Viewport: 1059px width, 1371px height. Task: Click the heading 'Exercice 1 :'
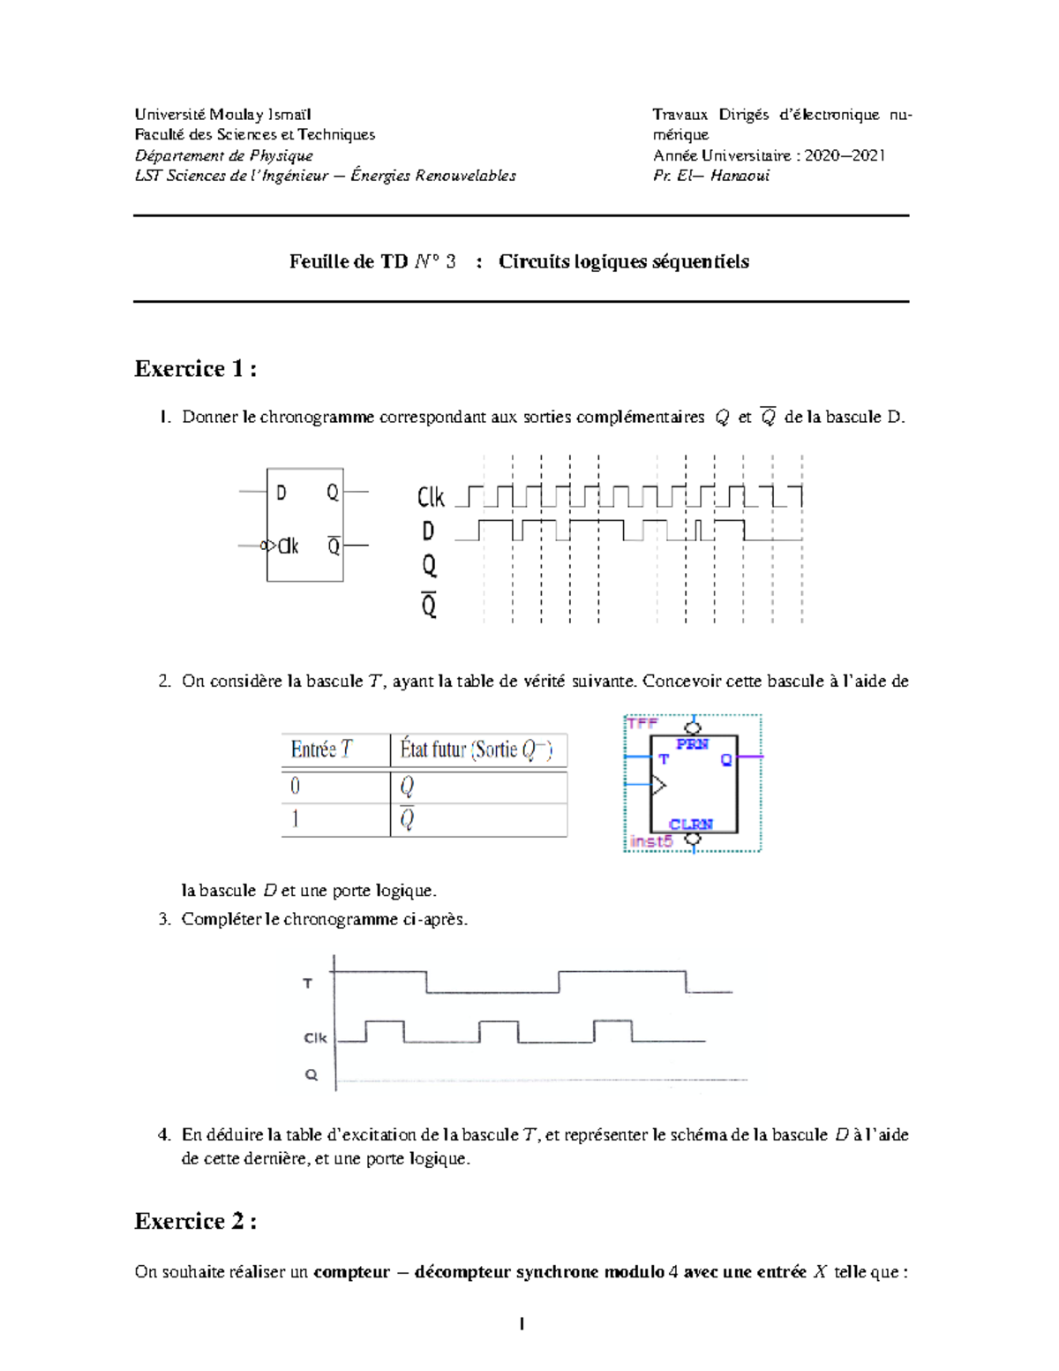point(195,369)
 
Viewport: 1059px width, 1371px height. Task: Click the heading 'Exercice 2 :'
point(195,1221)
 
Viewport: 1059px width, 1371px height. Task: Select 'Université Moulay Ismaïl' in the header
point(222,115)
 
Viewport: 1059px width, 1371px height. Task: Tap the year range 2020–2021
point(845,155)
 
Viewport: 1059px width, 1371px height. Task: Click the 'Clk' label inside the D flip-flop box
point(289,546)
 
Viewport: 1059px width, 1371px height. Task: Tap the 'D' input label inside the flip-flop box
point(282,493)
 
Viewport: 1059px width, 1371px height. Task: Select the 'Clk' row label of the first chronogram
point(431,498)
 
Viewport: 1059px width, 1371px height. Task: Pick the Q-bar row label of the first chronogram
point(429,606)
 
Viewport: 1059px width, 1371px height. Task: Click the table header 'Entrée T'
point(321,750)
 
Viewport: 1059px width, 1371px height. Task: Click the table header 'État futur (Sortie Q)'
point(476,750)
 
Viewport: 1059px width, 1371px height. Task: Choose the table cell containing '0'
point(296,786)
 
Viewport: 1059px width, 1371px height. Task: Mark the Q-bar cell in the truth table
point(407,819)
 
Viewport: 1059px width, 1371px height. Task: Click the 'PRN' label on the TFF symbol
point(692,744)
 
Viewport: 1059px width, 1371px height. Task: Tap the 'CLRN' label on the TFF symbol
point(690,825)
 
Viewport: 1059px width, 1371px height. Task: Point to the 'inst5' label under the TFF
point(651,841)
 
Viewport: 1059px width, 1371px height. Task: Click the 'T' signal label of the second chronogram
point(308,983)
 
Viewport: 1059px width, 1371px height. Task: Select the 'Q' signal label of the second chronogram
point(312,1074)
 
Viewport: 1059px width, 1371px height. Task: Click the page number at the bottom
point(522,1323)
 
